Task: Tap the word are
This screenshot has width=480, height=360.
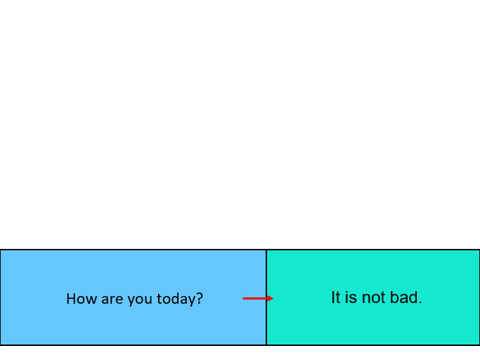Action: click(112, 300)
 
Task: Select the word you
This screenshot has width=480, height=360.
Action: click(140, 301)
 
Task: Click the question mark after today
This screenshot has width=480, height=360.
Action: click(200, 298)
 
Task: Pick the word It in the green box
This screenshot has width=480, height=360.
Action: click(336, 297)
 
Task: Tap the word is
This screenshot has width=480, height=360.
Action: click(351, 297)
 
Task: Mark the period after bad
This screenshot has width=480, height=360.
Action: click(420, 302)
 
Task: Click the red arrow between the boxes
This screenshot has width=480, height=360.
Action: click(258, 298)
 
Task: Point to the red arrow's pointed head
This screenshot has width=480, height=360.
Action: click(273, 298)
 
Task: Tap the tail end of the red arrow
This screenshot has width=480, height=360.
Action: click(242, 298)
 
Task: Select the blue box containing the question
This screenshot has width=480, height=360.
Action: click(133, 297)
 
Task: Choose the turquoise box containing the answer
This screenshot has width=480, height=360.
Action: click(373, 297)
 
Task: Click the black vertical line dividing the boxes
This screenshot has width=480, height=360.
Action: click(266, 297)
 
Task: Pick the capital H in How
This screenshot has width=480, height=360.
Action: click(71, 299)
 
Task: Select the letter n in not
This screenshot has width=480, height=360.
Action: click(365, 299)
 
